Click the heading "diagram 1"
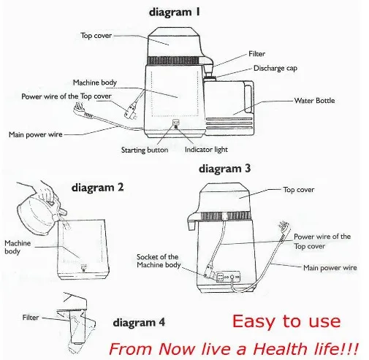175,12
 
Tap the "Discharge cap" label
275,68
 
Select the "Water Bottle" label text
314,101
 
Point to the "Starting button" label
145,150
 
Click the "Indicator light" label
206,150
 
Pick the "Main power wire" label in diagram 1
36,134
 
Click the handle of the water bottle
248,99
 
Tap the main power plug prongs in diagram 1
78,107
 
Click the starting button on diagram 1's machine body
175,122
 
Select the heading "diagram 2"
97,188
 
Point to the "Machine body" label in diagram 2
18,247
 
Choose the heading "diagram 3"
224,169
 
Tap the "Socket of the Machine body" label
159,261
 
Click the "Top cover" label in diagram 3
299,190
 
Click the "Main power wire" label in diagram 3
330,268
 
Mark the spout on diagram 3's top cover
192,221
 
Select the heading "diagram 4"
139,323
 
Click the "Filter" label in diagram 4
31,318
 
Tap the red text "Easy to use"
286,321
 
